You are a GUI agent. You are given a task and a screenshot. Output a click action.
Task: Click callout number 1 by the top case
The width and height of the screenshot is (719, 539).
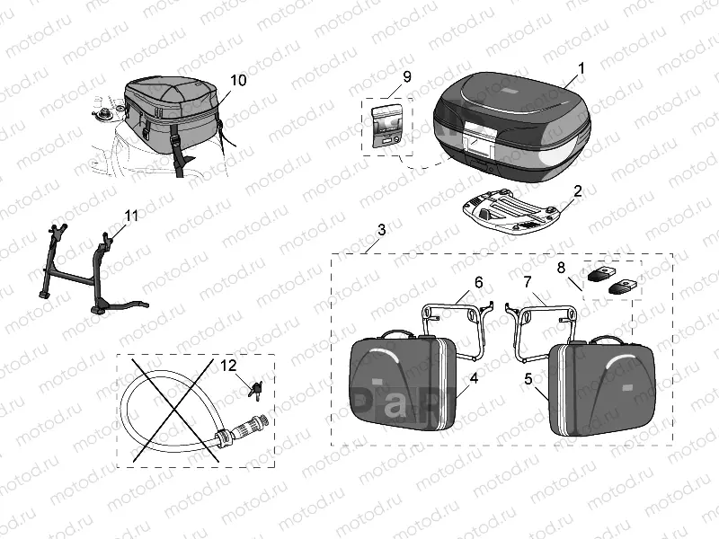(581, 67)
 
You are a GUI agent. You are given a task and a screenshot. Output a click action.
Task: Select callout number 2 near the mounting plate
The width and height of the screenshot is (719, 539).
(578, 190)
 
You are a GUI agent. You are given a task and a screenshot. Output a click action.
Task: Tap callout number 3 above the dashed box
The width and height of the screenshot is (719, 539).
(381, 230)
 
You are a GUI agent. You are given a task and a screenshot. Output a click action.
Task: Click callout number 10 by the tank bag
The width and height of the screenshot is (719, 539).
(237, 80)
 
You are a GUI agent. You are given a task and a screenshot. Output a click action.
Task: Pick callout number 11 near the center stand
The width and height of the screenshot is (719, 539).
(131, 216)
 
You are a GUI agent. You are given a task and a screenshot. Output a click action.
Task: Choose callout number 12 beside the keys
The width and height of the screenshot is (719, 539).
(228, 365)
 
